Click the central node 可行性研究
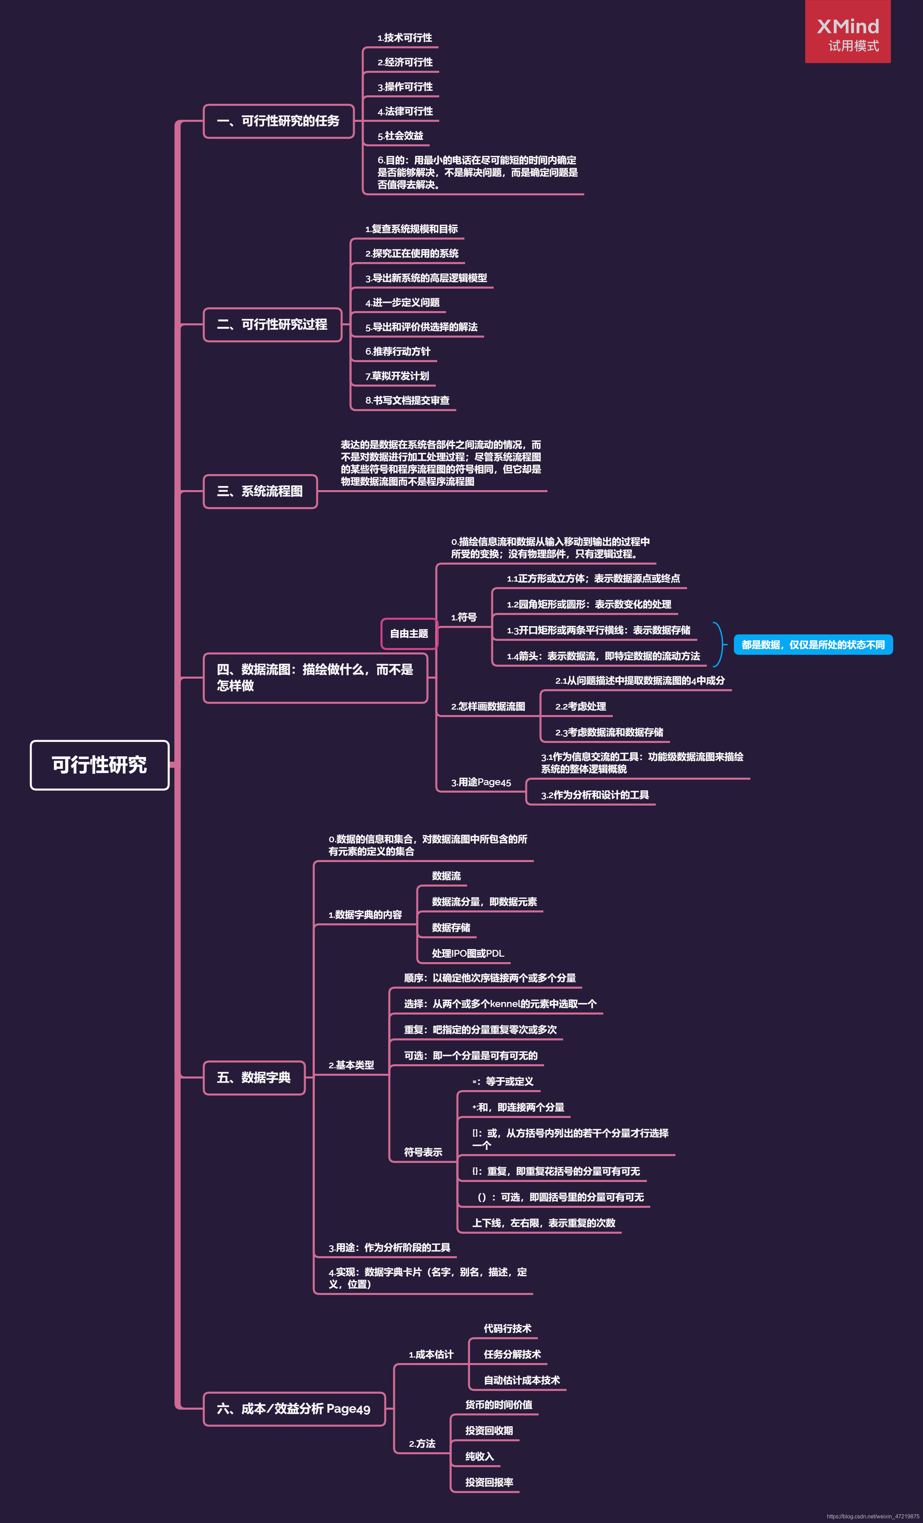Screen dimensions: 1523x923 (x=99, y=765)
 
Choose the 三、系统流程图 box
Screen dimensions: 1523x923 (x=260, y=491)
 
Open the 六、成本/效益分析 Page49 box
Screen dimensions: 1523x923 (x=294, y=1409)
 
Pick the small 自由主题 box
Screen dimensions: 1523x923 (x=409, y=634)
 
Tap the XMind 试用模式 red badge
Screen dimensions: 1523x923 (x=847, y=32)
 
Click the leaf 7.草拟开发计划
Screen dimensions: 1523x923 (x=397, y=376)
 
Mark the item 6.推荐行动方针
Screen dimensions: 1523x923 (x=398, y=352)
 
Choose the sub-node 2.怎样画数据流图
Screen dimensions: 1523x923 (x=488, y=707)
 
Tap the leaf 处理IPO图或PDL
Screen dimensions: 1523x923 (x=468, y=953)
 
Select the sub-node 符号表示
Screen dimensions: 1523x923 (x=423, y=1152)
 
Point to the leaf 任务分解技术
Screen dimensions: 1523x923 (x=512, y=1354)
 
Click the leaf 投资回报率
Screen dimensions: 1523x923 (x=489, y=1482)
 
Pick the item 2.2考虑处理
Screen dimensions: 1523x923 (x=580, y=707)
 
